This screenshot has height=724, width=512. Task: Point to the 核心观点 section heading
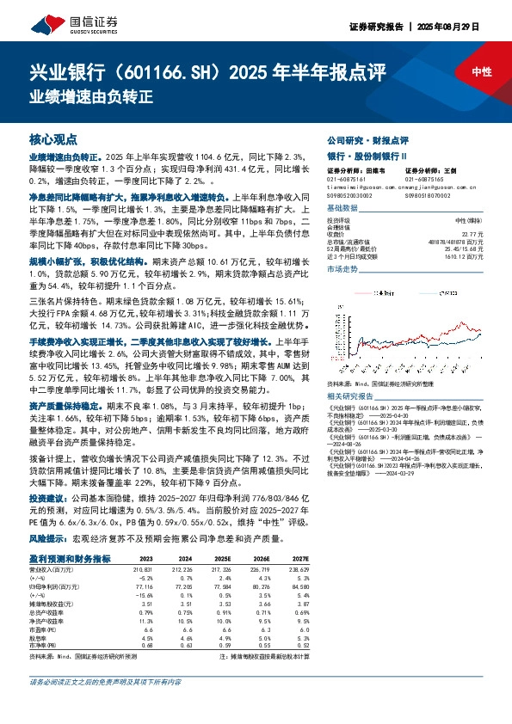point(53,138)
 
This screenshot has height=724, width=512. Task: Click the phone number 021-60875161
point(347,178)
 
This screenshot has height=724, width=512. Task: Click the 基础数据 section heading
point(344,208)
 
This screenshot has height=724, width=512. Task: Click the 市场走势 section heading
point(344,270)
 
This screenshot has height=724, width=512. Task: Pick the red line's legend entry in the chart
point(387,291)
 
